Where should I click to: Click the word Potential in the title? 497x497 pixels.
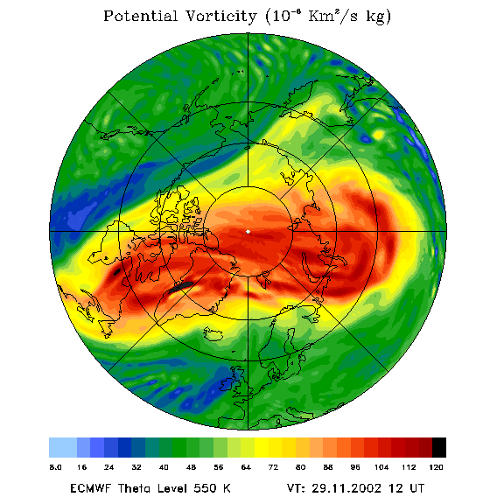(140, 16)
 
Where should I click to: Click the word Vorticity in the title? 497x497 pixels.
(220, 16)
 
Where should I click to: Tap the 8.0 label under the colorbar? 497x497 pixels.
(55, 467)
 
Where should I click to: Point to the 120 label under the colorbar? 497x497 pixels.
(436, 467)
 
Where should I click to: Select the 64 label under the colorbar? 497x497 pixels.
(246, 467)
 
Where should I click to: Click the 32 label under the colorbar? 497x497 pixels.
(136, 467)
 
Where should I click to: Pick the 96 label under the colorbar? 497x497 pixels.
(355, 467)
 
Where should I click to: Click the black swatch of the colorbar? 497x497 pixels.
(439, 447)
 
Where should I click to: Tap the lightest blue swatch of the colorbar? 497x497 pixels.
(63, 447)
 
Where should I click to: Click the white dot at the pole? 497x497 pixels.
(248, 232)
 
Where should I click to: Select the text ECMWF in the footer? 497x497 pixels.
(90, 488)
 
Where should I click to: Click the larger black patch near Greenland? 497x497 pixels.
(180, 286)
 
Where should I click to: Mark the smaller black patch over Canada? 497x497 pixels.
(117, 271)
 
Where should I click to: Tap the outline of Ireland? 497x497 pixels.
(227, 384)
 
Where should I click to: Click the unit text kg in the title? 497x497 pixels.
(379, 17)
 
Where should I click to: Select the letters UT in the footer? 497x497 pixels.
(416, 488)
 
